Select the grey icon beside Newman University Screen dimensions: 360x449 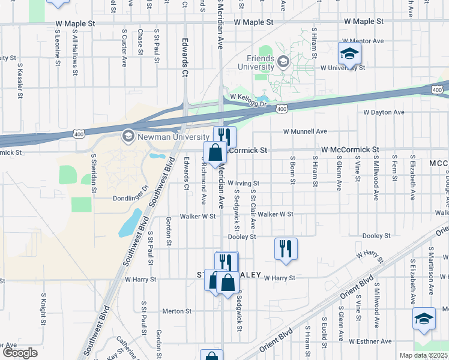pos(127,136)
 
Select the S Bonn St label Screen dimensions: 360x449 pos(292,168)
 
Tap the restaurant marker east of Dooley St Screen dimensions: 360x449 pos(286,249)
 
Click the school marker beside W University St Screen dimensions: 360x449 pos(349,55)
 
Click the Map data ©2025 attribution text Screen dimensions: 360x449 pos(423,355)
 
